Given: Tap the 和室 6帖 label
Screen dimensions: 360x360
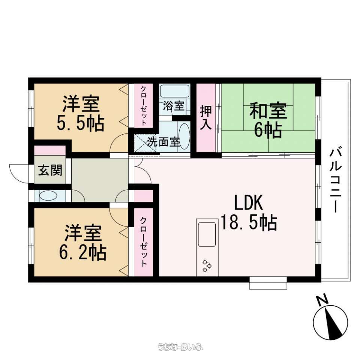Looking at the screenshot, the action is click(268, 120).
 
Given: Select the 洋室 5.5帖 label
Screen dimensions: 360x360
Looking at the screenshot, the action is click(81, 114).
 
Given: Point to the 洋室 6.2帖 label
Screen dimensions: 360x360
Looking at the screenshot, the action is click(82, 243).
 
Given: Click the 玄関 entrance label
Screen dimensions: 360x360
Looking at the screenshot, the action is click(50, 170).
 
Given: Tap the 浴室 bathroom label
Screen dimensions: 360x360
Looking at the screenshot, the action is click(174, 106).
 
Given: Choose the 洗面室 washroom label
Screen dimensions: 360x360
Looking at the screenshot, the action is click(163, 142).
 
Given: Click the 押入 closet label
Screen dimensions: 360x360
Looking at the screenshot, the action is click(205, 117).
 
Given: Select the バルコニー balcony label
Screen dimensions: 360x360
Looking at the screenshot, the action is click(336, 180).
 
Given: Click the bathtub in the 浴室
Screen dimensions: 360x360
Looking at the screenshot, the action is click(175, 91).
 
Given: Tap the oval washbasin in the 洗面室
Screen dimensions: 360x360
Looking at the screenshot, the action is click(184, 137).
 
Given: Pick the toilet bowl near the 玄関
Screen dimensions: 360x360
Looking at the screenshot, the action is click(48, 196).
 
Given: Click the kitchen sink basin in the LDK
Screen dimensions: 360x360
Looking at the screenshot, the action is click(207, 234).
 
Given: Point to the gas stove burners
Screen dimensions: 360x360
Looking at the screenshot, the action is click(207, 265).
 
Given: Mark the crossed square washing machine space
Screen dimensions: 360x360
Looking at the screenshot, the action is click(145, 143).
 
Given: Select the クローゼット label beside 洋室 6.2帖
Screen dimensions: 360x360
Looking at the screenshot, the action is click(144, 242).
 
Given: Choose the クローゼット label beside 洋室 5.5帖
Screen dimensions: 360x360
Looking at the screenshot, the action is click(144, 105).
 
